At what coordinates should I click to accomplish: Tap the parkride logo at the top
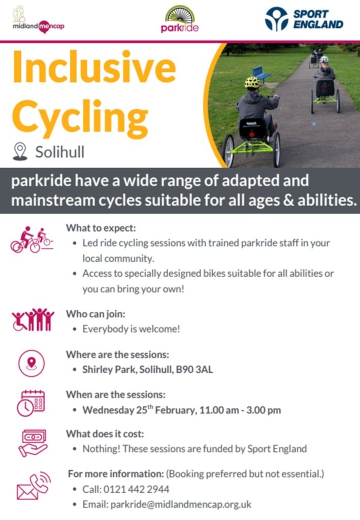(x=180, y=19)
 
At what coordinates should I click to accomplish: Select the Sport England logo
(x=304, y=19)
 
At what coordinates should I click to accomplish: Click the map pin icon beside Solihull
(x=20, y=151)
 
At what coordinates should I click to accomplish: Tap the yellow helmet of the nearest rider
(x=252, y=82)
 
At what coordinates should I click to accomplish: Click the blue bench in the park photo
(x=261, y=74)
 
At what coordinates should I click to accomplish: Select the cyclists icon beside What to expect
(x=31, y=239)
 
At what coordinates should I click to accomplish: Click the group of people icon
(x=32, y=320)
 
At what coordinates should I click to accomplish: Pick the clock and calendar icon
(x=31, y=403)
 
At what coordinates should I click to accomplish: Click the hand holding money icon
(x=32, y=442)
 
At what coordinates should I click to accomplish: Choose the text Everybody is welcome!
(x=131, y=329)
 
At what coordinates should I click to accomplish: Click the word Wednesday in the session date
(x=105, y=410)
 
